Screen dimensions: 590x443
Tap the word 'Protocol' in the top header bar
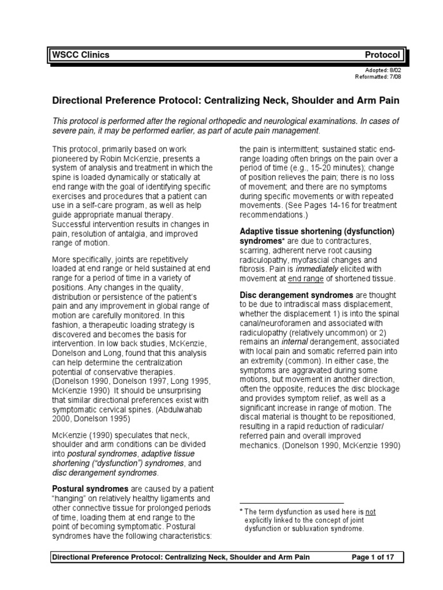click(x=382, y=55)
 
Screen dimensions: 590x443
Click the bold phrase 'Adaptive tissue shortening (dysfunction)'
click(x=317, y=231)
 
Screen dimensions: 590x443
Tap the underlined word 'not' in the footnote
click(x=371, y=511)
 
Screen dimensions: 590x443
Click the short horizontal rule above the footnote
click(x=291, y=503)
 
